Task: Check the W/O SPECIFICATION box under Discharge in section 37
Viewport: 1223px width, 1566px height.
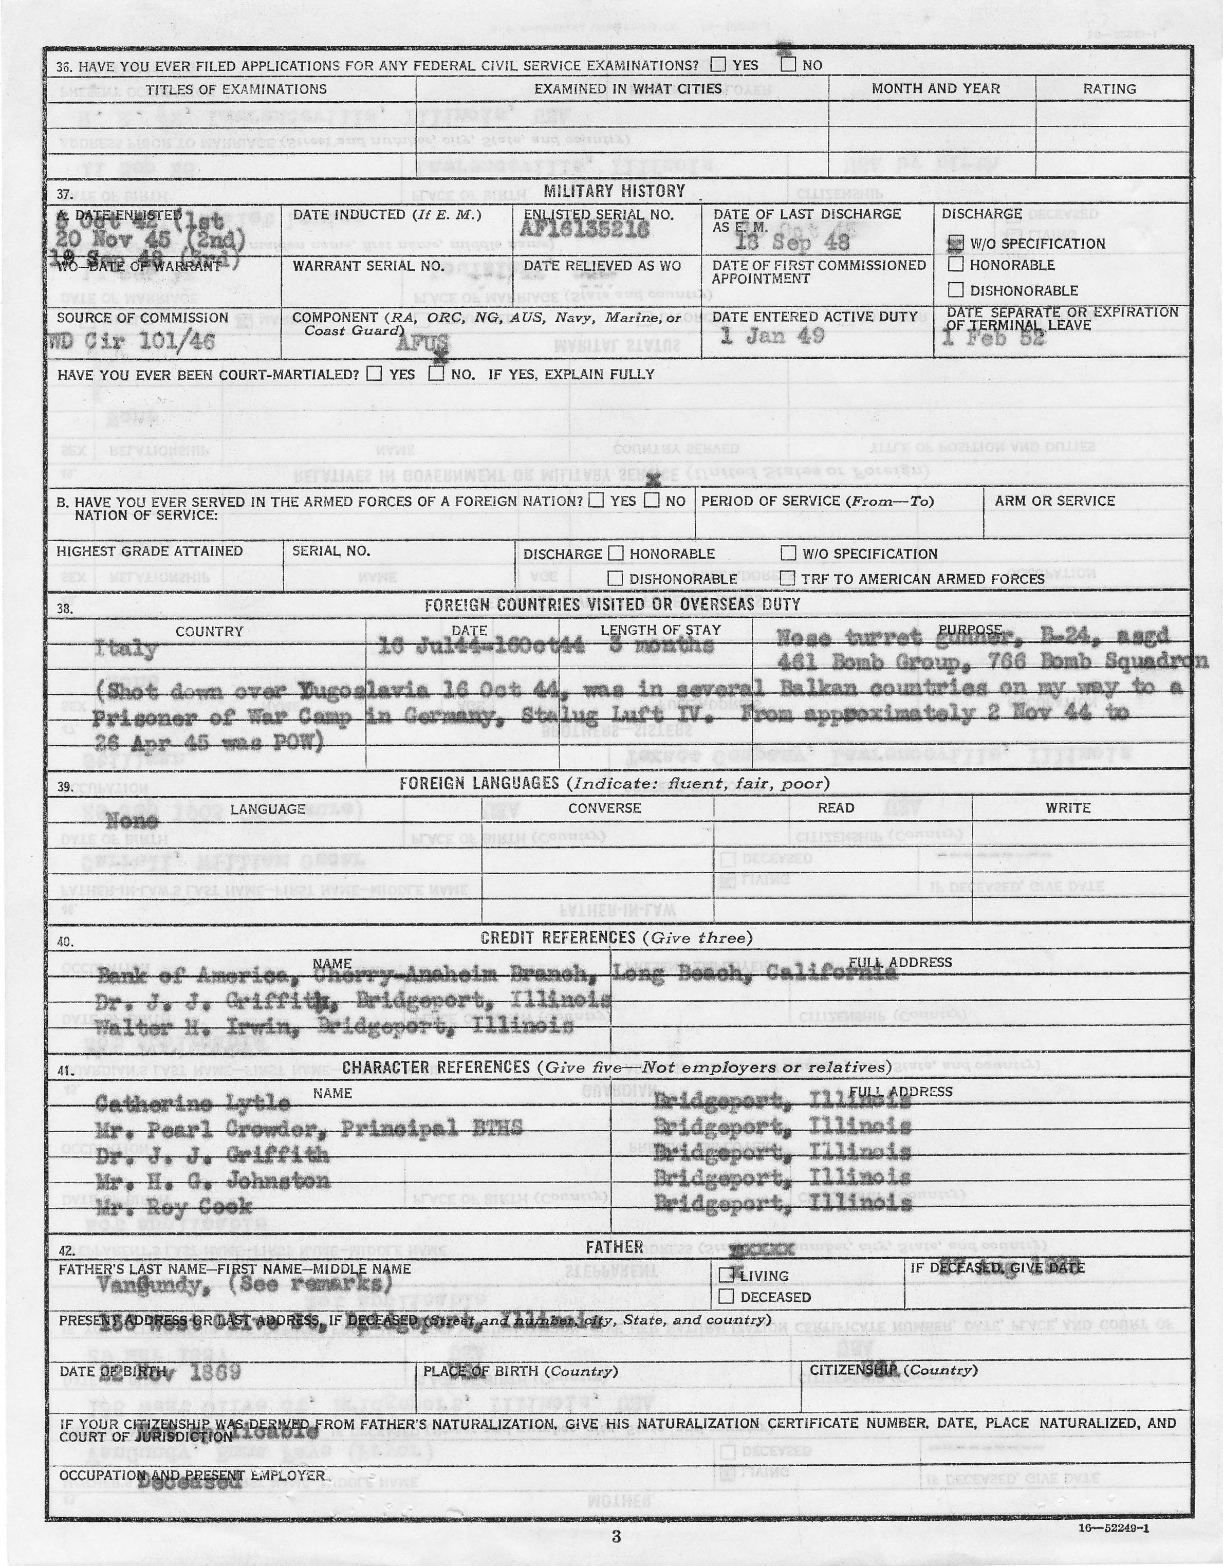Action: pyautogui.click(x=955, y=244)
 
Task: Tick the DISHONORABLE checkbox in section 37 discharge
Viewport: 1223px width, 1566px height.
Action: pyautogui.click(x=955, y=290)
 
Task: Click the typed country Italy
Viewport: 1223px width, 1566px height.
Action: pyautogui.click(x=125, y=649)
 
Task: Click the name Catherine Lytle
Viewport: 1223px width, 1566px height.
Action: pyautogui.click(x=192, y=1103)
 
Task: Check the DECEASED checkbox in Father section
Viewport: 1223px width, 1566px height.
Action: pyautogui.click(x=726, y=1296)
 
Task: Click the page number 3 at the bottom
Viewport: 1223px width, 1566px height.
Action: pyautogui.click(x=616, y=1537)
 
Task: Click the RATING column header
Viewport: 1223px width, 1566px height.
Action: pyautogui.click(x=1108, y=89)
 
